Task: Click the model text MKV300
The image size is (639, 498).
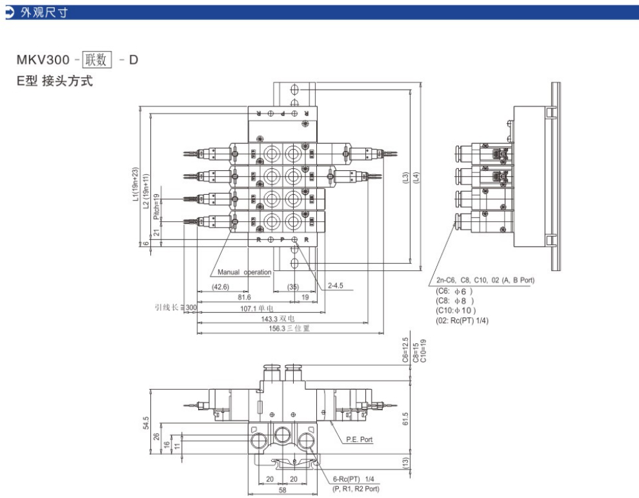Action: (43, 61)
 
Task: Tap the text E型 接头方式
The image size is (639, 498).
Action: (55, 82)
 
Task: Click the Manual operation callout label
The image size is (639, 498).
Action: (245, 272)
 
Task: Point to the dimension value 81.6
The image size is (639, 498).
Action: (243, 297)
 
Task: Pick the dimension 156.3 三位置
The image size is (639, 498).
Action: (290, 328)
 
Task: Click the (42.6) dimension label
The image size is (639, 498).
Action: (221, 286)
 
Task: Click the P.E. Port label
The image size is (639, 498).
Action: (360, 439)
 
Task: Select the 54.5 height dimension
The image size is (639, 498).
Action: (147, 423)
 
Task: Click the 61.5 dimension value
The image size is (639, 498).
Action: (405, 419)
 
